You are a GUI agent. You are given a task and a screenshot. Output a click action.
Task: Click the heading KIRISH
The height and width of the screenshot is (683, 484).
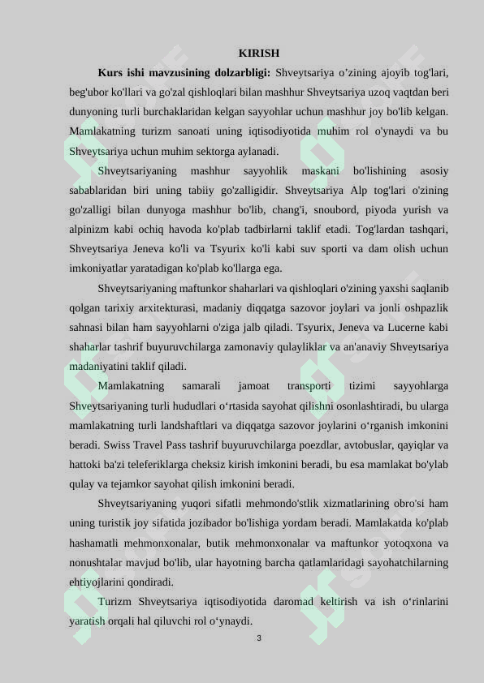coord(259,53)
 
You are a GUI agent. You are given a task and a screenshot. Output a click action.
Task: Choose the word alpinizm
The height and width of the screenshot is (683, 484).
coord(88,230)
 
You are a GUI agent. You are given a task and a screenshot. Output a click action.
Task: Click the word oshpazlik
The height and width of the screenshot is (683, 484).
coord(425,308)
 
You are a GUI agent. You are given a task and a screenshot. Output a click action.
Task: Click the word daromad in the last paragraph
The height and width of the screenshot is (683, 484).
coord(299,602)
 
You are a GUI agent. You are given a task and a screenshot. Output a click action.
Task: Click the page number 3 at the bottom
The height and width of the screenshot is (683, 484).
coord(259,638)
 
